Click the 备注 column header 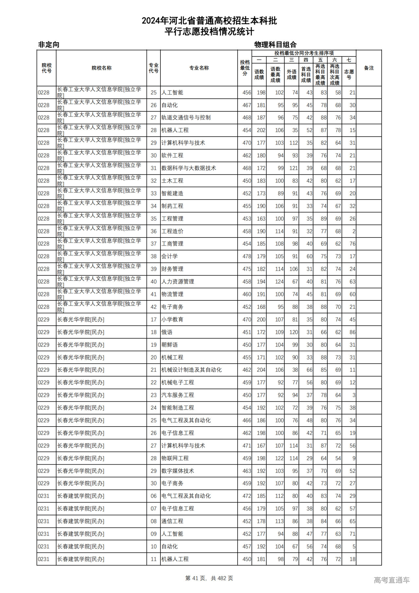click(x=369, y=68)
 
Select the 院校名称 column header click(x=101, y=68)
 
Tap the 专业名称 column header click(x=199, y=68)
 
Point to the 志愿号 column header click(x=349, y=74)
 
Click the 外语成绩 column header click(x=291, y=74)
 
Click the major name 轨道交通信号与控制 click(x=186, y=118)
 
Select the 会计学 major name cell click(x=170, y=256)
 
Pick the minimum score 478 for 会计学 click(x=246, y=256)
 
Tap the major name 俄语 click(x=167, y=332)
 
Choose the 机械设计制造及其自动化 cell click(x=191, y=370)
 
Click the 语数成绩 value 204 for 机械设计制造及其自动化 click(x=261, y=370)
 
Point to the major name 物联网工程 click(x=175, y=458)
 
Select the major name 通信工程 click(x=173, y=521)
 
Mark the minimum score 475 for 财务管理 click(x=246, y=269)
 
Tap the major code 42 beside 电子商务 click(x=154, y=307)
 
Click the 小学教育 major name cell click(x=173, y=319)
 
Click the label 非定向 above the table click(x=49, y=45)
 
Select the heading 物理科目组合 click(x=275, y=45)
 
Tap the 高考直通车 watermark click(x=392, y=580)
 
